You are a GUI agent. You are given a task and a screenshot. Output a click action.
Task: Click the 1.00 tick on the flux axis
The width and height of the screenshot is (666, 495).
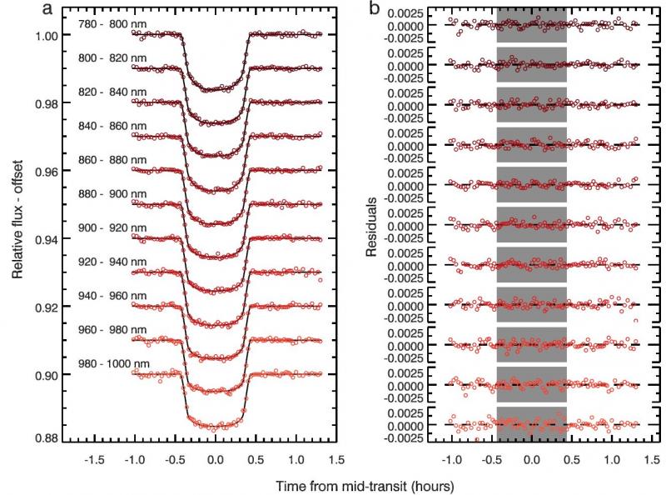47,36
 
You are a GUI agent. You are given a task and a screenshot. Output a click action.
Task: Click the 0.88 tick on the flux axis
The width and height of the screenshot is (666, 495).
47,438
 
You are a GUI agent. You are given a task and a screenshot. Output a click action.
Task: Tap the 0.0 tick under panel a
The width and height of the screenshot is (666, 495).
215,459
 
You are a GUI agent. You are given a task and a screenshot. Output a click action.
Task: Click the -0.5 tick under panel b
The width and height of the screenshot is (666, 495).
490,459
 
